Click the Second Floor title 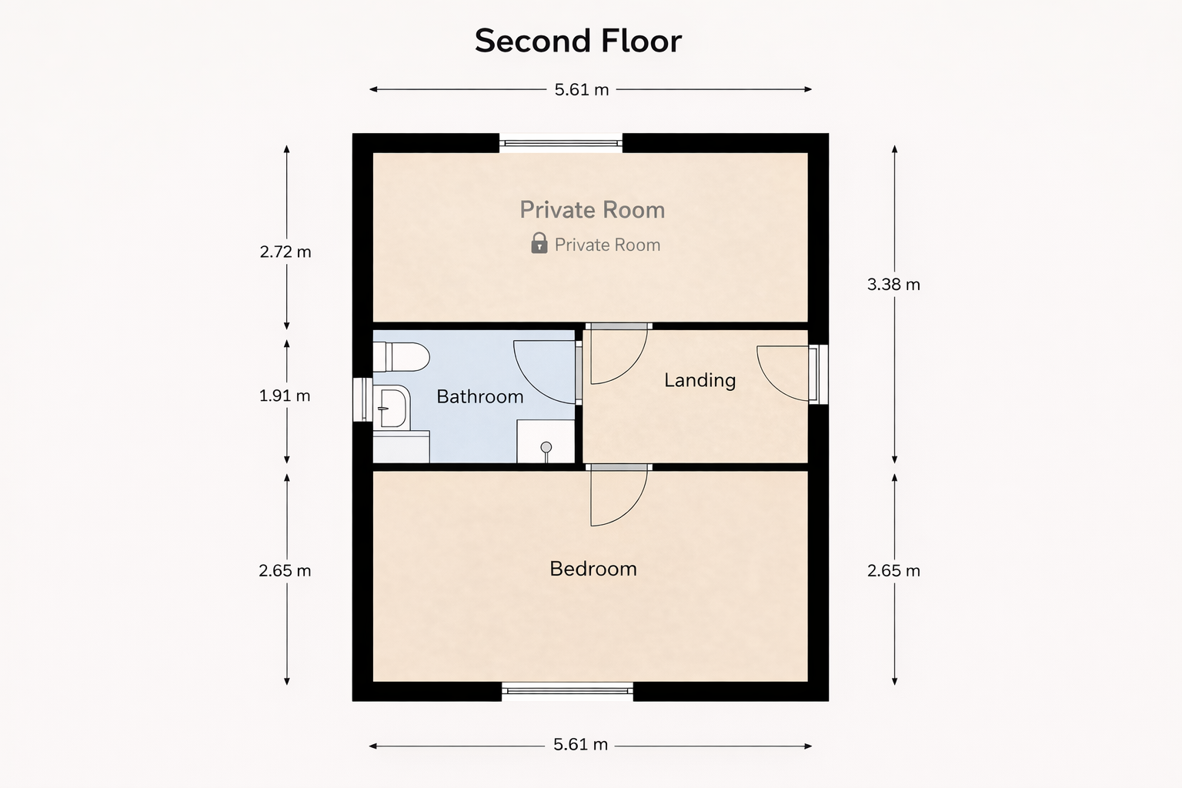[x=578, y=41]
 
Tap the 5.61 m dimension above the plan [x=582, y=90]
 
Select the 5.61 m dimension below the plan [x=580, y=745]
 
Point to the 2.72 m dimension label [x=285, y=252]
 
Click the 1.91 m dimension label [x=285, y=396]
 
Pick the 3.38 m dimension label [x=893, y=285]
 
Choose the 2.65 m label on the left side [x=285, y=570]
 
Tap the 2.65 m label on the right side [x=893, y=570]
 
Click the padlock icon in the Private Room [x=539, y=243]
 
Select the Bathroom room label [x=479, y=396]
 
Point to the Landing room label [x=700, y=381]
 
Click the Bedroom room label [x=593, y=569]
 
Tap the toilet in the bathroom [x=401, y=357]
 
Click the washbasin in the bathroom [x=392, y=407]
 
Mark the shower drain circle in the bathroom [x=546, y=448]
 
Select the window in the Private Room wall [x=561, y=143]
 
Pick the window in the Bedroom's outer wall [x=567, y=691]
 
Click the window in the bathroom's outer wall [x=362, y=399]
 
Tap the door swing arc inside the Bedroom [x=619, y=498]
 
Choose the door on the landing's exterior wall [x=818, y=374]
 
